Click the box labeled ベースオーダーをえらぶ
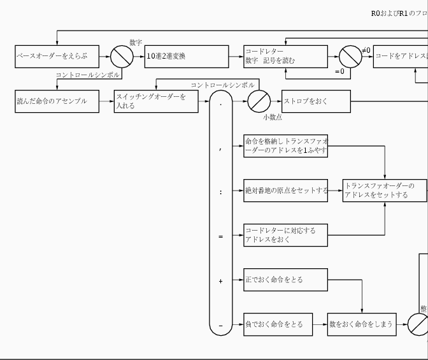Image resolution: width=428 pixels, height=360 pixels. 57,56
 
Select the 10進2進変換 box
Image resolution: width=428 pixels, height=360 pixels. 186,56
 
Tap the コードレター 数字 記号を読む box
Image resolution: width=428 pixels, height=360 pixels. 286,56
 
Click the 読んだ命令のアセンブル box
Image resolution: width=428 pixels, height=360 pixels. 57,101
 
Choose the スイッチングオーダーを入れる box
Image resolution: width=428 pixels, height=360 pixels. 156,101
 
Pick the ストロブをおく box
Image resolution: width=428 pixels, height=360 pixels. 316,101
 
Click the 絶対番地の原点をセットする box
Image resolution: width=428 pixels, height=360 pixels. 286,191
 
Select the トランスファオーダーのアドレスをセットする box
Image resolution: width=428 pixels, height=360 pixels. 384,191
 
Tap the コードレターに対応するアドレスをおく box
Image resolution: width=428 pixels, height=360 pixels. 286,235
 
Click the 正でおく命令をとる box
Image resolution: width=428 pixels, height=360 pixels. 286,280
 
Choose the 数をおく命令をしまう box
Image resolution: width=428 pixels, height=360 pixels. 362,324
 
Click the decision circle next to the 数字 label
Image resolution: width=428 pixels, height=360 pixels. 122,57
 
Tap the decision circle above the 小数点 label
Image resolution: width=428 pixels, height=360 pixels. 259,101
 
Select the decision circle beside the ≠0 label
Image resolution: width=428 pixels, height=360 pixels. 350,57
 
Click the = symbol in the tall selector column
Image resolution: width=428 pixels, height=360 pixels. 221,236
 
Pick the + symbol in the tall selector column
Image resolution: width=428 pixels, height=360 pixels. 221,281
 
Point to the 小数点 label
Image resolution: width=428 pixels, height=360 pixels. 273,117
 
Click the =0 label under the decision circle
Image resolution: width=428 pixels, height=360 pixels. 339,72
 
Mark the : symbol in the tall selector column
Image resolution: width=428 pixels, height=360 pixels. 221,191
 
